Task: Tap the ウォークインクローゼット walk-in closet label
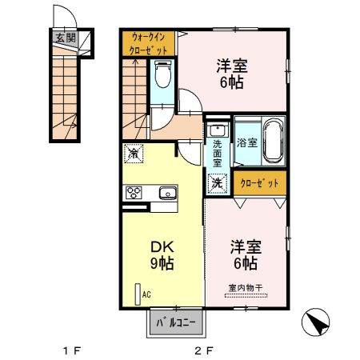click(x=149, y=43)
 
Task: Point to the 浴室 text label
click(x=246, y=143)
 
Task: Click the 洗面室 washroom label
click(x=217, y=152)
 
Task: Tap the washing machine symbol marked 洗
click(x=217, y=182)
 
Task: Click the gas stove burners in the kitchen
click(x=133, y=192)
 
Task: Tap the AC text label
click(x=146, y=294)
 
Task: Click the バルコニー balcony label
click(x=175, y=324)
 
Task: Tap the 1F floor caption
click(x=72, y=350)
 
